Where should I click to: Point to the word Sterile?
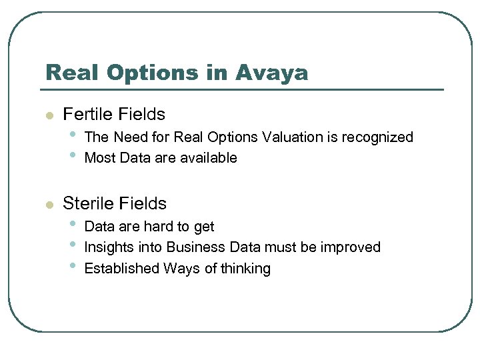(x=87, y=203)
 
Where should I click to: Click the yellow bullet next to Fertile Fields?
(x=49, y=115)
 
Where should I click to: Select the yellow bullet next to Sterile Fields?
(x=49, y=205)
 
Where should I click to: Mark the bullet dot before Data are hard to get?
(x=71, y=226)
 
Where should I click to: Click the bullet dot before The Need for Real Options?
(x=71, y=137)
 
